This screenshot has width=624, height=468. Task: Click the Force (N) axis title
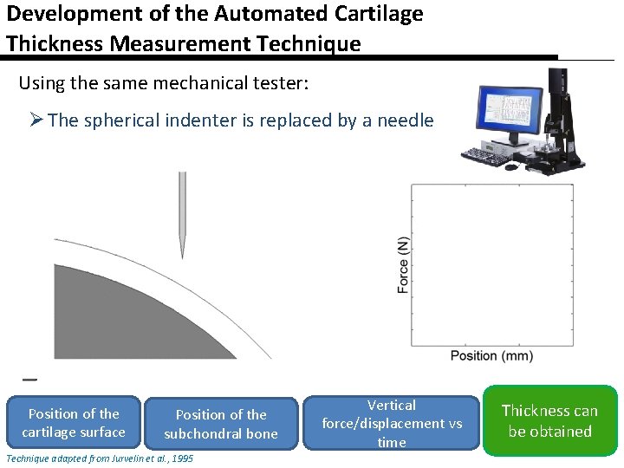[403, 265]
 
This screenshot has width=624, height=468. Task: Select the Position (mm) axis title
[491, 355]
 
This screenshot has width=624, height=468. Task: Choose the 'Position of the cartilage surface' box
[74, 423]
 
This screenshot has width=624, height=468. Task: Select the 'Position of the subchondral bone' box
[221, 424]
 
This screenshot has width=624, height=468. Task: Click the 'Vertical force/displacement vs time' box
[392, 424]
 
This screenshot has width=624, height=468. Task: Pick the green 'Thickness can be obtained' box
[549, 421]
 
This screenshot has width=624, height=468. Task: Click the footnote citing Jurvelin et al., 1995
[100, 458]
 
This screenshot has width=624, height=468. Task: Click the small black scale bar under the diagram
[29, 380]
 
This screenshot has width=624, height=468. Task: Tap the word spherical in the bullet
[161, 120]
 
